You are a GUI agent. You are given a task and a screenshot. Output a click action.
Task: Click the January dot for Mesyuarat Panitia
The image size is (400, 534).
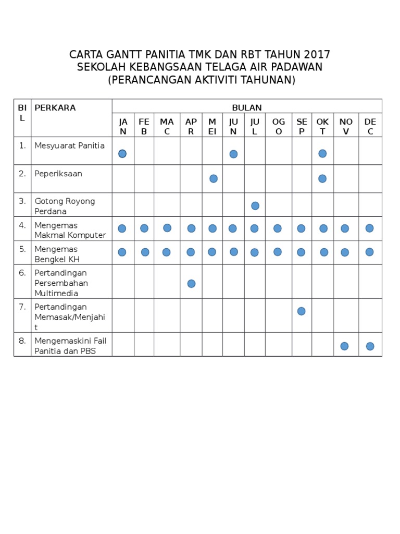point(122,153)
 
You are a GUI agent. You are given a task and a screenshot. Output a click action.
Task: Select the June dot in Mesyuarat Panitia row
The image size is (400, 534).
point(233,154)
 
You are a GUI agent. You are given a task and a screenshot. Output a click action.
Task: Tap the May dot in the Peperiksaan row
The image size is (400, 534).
point(214,179)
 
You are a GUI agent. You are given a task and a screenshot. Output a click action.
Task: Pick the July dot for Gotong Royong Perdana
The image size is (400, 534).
point(255,206)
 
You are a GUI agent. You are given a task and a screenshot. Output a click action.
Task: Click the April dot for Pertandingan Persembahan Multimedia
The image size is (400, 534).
point(191,284)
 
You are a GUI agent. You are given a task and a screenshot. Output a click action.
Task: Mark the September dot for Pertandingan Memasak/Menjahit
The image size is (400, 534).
point(301,311)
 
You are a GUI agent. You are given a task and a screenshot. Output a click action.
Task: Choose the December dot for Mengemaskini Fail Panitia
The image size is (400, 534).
point(370,346)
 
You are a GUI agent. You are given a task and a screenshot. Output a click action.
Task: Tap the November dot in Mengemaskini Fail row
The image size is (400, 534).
point(344,346)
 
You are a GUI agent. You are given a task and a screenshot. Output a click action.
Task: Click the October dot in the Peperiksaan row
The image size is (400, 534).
point(322,179)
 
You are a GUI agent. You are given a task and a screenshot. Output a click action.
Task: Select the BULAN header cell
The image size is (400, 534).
point(247,107)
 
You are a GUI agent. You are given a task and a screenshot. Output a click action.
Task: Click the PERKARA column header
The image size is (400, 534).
point(55,108)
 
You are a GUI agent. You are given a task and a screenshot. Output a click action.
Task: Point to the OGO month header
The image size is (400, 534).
point(279,126)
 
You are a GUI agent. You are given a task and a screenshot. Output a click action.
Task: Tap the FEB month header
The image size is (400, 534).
point(144,126)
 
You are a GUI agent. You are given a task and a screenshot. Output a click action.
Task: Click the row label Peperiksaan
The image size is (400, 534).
point(58,174)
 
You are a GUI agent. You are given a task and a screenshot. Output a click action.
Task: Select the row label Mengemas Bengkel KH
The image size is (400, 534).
point(57,254)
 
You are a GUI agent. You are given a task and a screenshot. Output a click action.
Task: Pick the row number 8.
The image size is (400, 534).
point(22,341)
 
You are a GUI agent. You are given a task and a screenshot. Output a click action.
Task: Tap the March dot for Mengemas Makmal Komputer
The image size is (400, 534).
point(167,228)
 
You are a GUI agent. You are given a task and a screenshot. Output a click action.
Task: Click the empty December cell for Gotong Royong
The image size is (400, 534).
point(370,205)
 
